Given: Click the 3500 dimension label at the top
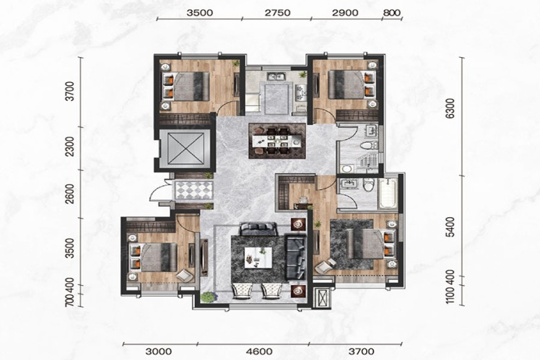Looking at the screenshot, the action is pyautogui.click(x=200, y=13).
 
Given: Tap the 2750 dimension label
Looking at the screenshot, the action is pyautogui.click(x=277, y=13).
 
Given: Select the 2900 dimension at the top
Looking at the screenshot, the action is pyautogui.click(x=345, y=13).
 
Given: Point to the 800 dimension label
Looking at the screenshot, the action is pyautogui.click(x=392, y=13).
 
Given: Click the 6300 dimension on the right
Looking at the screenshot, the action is pyautogui.click(x=450, y=108).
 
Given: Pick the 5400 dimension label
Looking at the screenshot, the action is pyautogui.click(x=450, y=227).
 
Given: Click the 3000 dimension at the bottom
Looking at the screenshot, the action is pyautogui.click(x=158, y=351).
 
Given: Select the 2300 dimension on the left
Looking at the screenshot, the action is pyautogui.click(x=70, y=146).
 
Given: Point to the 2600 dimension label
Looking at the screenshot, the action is pyautogui.click(x=70, y=194).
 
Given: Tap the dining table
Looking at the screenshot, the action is pyautogui.click(x=277, y=141).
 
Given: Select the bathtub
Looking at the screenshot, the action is pyautogui.click(x=388, y=193).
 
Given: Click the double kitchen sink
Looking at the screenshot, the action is pyautogui.click(x=276, y=76).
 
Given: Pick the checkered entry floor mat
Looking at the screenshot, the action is pyautogui.click(x=193, y=190).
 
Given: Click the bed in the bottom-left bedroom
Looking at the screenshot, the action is pyautogui.click(x=152, y=257).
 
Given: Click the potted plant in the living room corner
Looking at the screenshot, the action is pyautogui.click(x=207, y=297).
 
